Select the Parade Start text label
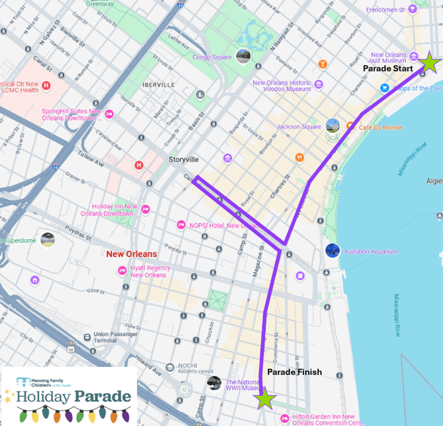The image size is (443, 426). [388, 69]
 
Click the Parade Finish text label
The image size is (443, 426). [294, 372]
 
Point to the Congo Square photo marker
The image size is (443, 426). [243, 56]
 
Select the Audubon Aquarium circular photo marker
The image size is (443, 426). [333, 251]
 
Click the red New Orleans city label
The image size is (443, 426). [132, 254]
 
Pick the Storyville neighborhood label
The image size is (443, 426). [184, 160]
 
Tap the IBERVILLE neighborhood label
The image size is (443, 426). [158, 84]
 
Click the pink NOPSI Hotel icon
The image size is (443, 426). [181, 225]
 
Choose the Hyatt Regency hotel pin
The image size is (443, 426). [122, 271]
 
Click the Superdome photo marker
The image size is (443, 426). [47, 240]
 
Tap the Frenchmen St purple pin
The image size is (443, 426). [412, 9]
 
